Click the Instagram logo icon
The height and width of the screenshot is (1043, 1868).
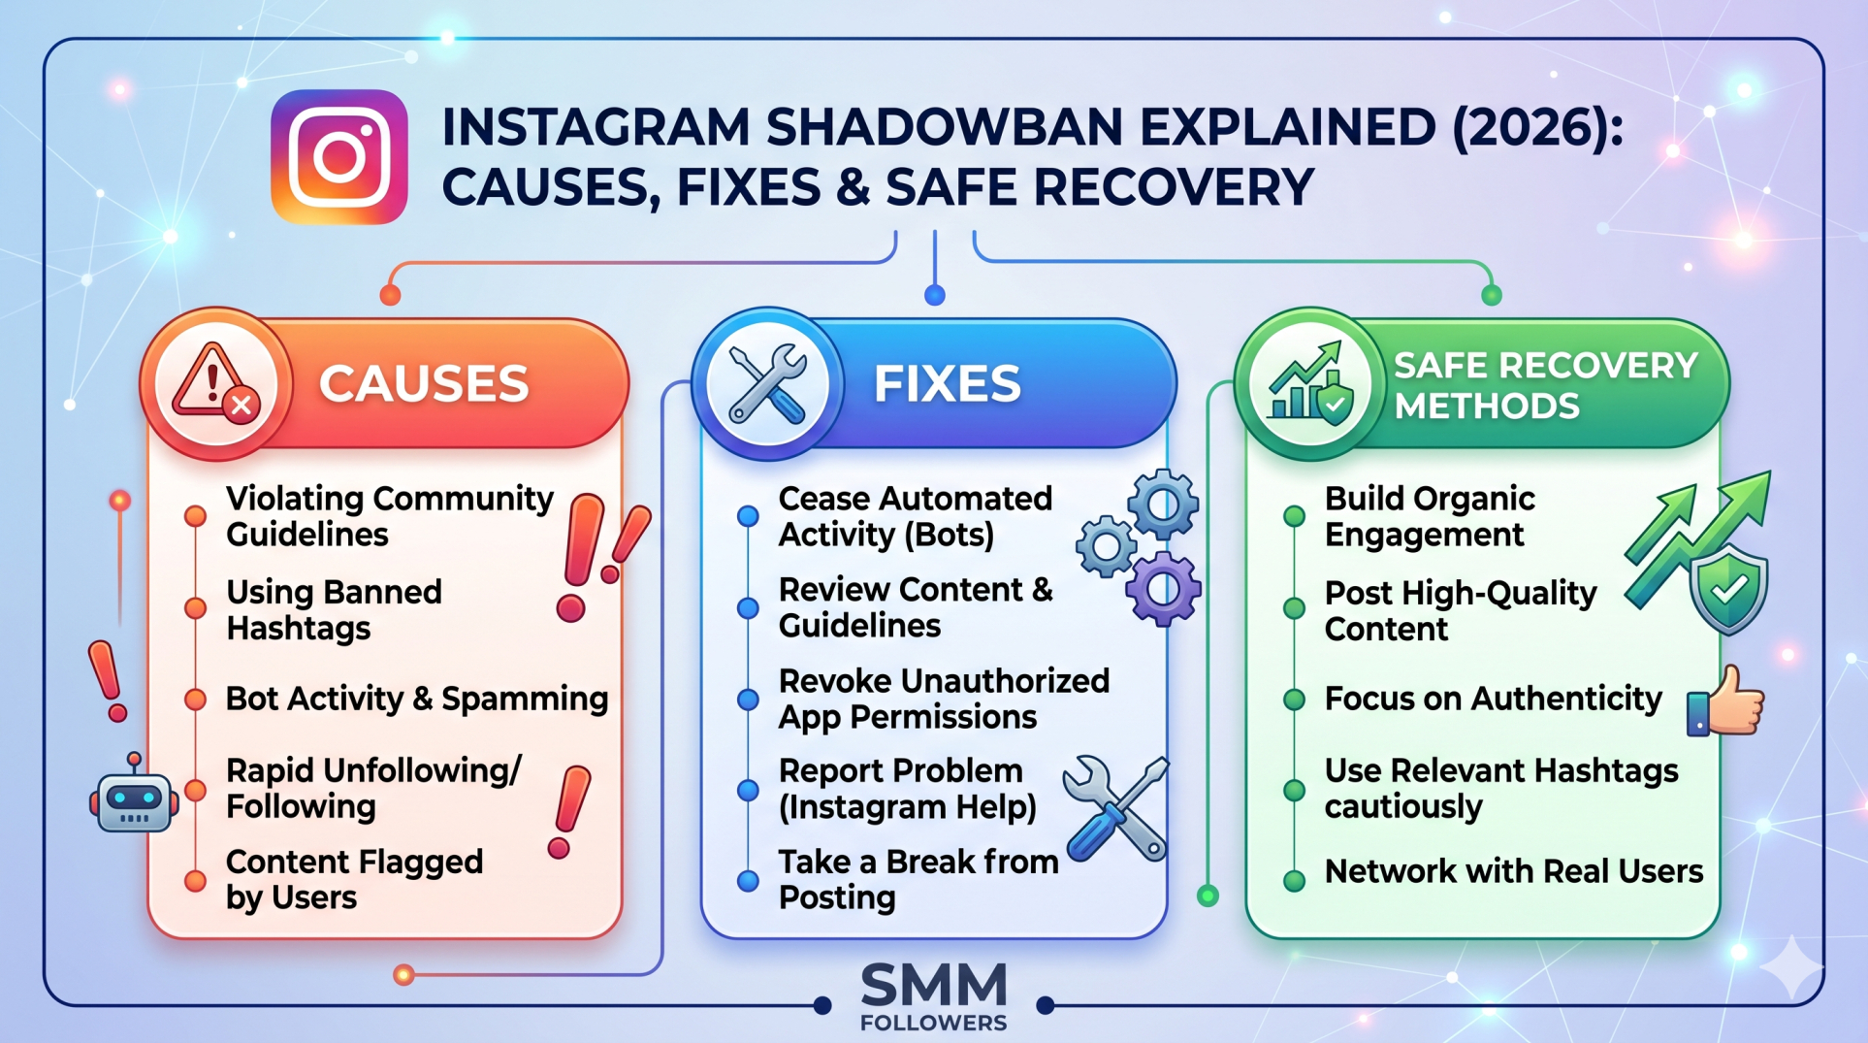click(x=339, y=157)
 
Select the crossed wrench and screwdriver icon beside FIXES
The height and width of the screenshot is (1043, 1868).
click(x=767, y=384)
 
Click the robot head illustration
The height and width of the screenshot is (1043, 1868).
click(x=134, y=793)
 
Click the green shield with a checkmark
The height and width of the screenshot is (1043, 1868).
click(x=1728, y=588)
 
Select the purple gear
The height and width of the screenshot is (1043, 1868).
click(x=1164, y=588)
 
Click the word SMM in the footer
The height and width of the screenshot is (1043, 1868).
click(x=934, y=986)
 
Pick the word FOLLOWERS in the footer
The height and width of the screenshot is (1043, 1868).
click(x=934, y=1023)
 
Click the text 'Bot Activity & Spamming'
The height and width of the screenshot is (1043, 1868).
click(x=417, y=699)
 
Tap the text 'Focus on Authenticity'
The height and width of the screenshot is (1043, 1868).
click(x=1493, y=699)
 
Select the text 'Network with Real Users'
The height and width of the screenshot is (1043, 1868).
click(x=1514, y=871)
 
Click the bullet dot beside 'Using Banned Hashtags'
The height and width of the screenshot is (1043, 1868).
click(x=195, y=608)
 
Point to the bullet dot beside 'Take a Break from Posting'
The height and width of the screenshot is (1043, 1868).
click(x=748, y=881)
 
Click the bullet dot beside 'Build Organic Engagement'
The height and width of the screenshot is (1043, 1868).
click(x=1294, y=516)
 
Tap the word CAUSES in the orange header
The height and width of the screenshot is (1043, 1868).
click(x=424, y=383)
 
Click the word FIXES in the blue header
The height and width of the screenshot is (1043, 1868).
click(x=948, y=383)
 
